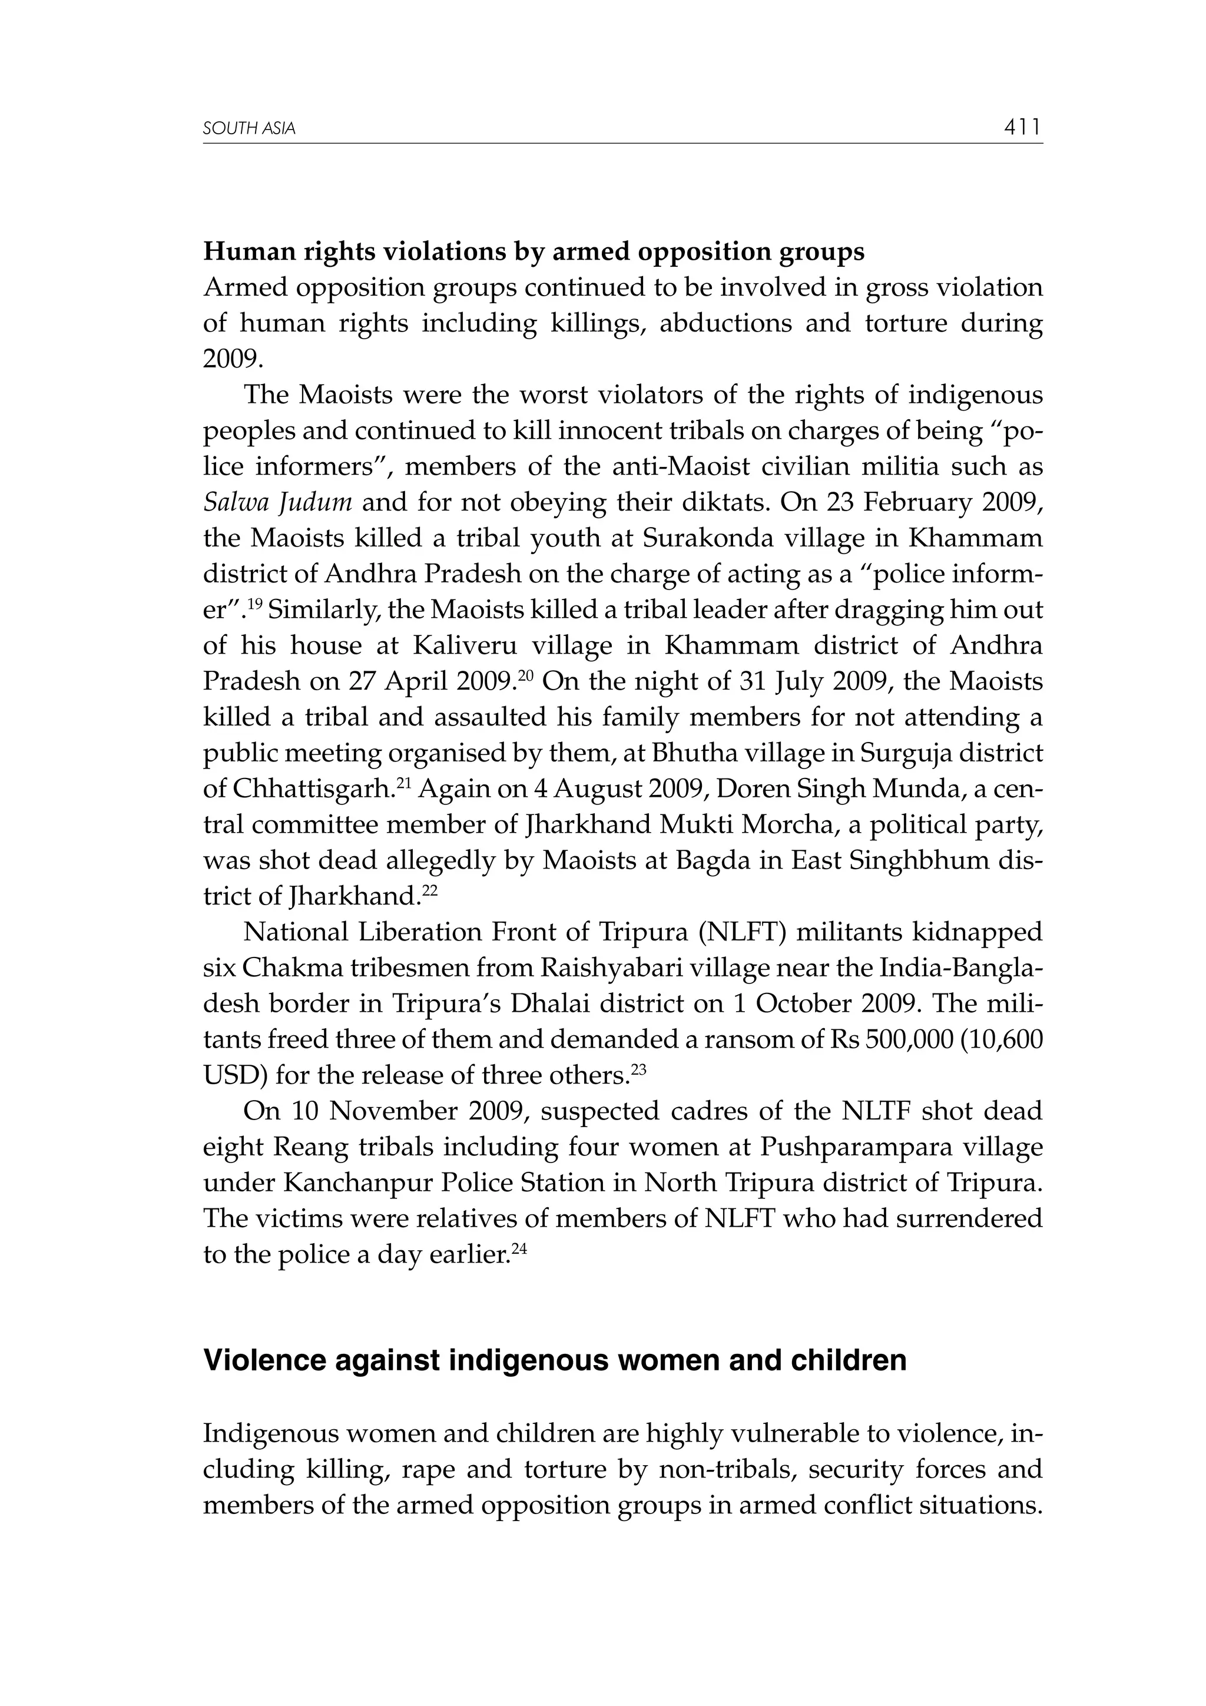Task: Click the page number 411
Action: pos(1022,128)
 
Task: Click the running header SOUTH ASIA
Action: pos(249,130)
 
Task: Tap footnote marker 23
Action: pos(639,1068)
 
